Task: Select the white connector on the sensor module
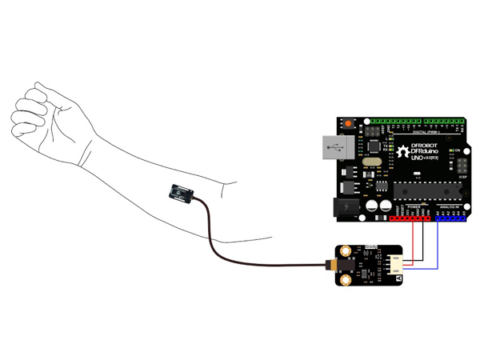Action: tap(397, 264)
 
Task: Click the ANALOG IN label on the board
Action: tap(448, 206)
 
